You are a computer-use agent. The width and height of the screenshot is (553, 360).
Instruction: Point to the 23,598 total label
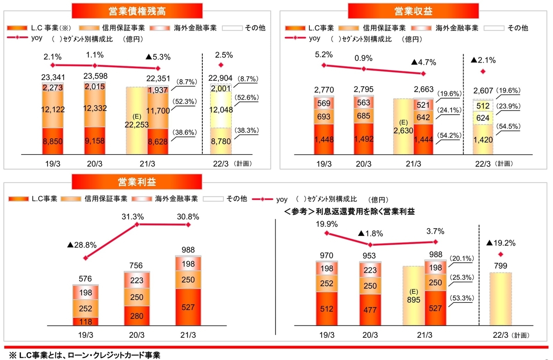pyautogui.click(x=95, y=77)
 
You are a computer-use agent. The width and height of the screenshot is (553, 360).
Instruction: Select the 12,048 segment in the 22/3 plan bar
pyautogui.click(x=221, y=110)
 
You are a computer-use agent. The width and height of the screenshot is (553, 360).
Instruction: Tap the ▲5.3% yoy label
pyautogui.click(x=158, y=58)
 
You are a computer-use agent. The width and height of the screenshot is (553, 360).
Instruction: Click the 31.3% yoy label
pyautogui.click(x=136, y=216)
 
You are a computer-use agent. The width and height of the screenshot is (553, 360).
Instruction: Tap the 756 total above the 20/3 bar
pyautogui.click(x=136, y=265)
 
